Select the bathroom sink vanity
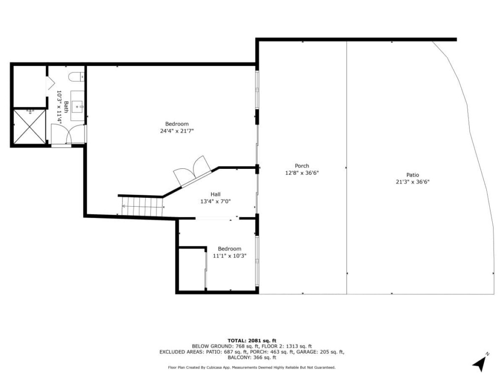coord(77,105)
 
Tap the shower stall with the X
coord(29,126)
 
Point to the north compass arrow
coord(480,363)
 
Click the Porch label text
coord(302,166)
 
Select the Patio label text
coord(412,175)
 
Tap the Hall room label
coord(216,194)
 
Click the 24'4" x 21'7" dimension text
coord(177,131)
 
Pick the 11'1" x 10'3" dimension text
coord(229,256)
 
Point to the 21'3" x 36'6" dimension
coord(412,182)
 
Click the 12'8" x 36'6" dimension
coord(302,173)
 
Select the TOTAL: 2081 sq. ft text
coord(252,341)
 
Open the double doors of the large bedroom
coord(192,170)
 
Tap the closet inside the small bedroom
coord(192,270)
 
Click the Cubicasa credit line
coord(252,367)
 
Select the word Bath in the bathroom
coord(66,107)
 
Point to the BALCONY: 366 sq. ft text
coord(252,358)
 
